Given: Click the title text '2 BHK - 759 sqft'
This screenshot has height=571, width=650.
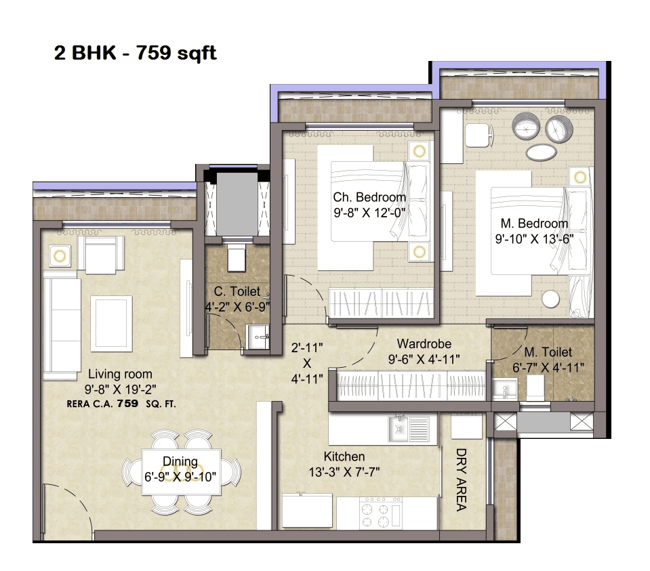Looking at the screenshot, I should click(136, 54).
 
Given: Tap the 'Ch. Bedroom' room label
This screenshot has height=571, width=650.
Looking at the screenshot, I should click(369, 197).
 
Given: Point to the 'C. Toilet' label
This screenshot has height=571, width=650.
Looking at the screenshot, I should click(237, 292).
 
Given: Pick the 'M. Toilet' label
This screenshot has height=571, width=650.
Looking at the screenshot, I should click(548, 352).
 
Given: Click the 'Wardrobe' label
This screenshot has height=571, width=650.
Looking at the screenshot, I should click(424, 344).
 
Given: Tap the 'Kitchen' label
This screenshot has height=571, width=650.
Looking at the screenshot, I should click(344, 457).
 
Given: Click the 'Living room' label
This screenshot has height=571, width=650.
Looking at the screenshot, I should click(119, 374).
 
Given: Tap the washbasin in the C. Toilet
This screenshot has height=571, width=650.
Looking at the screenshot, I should click(258, 334).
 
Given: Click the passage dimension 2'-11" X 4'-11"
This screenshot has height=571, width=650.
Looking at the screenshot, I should click(307, 363).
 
